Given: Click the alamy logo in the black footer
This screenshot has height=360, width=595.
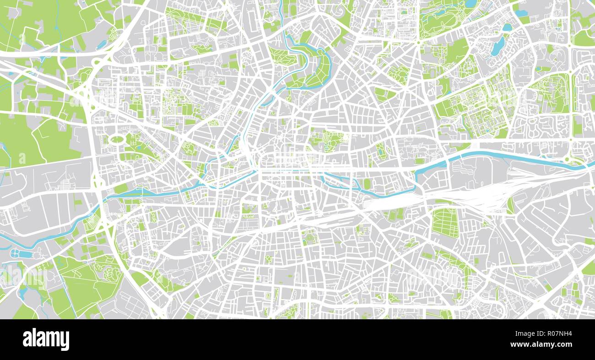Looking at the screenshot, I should point(46,339).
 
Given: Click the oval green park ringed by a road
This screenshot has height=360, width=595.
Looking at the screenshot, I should point(117,139).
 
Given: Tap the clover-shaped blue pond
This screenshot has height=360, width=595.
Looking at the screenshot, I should point(16,253).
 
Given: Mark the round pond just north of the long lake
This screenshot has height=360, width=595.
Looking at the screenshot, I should point(507,27).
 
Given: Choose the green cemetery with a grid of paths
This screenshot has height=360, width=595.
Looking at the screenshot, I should point(444,223).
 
